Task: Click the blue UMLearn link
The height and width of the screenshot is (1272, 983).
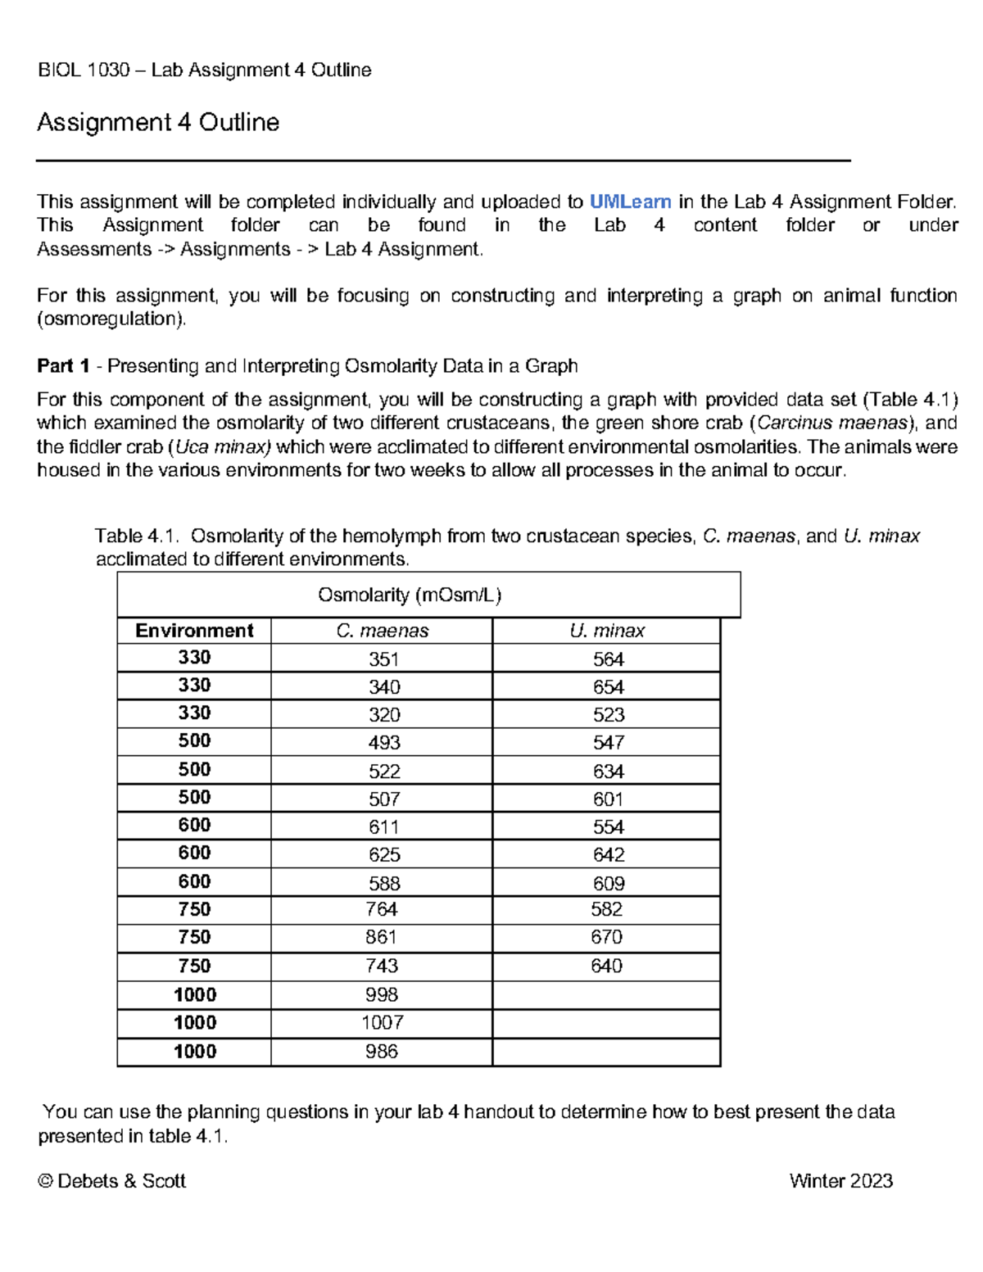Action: [630, 201]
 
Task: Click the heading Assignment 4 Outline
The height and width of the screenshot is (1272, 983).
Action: [158, 122]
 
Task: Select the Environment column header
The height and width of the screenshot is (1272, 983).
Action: [194, 631]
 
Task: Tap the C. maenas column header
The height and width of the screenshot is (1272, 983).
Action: [382, 631]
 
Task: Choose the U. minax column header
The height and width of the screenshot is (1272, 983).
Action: [607, 631]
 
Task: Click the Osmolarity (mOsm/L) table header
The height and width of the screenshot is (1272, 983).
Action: [410, 595]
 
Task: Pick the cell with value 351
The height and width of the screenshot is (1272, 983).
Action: [383, 659]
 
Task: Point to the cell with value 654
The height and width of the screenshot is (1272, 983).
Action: [608, 687]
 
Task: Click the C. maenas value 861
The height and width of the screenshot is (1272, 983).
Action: [382, 937]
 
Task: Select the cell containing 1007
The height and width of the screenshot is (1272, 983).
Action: [382, 1022]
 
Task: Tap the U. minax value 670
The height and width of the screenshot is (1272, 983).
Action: [606, 937]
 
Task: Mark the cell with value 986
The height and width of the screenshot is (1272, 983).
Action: [382, 1051]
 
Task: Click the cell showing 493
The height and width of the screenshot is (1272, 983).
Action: [383, 743]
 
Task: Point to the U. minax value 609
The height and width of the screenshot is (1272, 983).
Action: [608, 883]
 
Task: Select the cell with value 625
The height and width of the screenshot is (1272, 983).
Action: [383, 854]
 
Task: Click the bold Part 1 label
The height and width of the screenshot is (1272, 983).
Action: [63, 366]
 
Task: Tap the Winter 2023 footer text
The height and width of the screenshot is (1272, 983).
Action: [840, 1180]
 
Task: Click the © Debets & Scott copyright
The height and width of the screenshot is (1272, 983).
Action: [112, 1180]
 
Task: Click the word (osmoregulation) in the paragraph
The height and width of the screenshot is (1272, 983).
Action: [111, 319]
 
